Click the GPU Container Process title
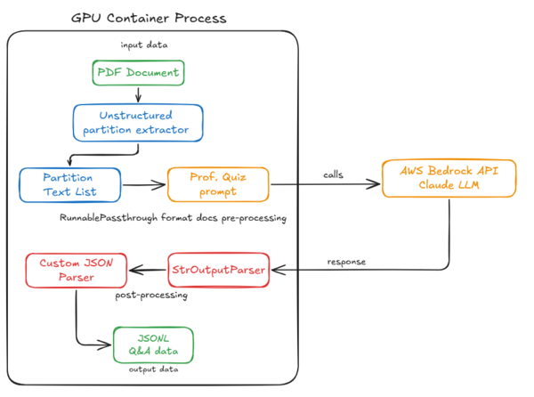[149, 18]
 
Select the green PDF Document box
[138, 72]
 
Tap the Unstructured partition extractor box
[138, 122]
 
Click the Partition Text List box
[69, 185]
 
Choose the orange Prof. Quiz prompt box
[217, 185]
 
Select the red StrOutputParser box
[217, 271]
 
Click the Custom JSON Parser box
[76, 271]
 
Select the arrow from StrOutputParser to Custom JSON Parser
[148, 270]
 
